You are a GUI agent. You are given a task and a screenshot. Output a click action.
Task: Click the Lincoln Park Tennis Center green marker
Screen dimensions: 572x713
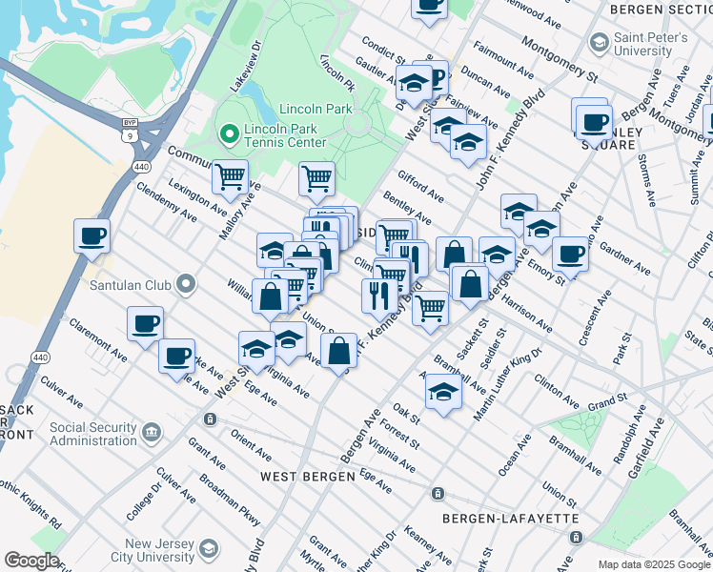229,135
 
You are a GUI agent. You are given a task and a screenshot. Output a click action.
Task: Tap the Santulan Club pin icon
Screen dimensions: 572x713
186,283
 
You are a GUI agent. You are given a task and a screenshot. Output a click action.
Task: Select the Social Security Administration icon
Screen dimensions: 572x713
152,435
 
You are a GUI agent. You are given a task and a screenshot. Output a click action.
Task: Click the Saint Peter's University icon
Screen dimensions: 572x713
599,41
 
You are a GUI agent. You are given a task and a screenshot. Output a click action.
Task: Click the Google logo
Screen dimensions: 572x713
31,561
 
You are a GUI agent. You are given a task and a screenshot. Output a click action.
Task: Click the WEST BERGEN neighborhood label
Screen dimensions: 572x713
302,475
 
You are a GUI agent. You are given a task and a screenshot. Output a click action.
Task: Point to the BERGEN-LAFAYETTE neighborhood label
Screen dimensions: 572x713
511,518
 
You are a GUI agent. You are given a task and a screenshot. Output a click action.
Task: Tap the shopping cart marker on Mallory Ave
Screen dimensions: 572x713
230,176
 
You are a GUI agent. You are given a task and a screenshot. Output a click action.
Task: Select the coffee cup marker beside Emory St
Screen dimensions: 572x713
570,255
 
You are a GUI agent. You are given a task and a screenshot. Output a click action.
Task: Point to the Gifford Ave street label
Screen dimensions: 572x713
420,187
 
